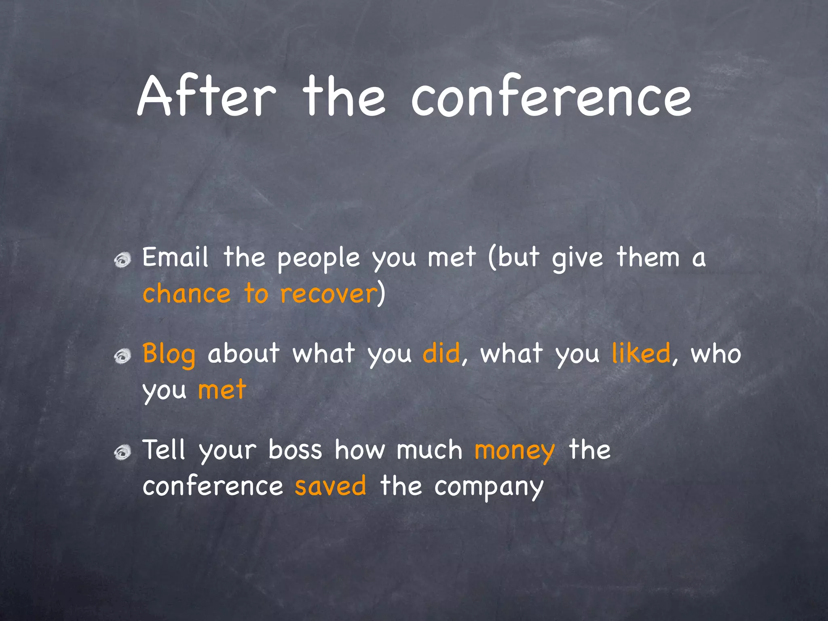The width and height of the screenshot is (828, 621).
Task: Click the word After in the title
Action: click(206, 97)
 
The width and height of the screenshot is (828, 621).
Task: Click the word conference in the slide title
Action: click(551, 97)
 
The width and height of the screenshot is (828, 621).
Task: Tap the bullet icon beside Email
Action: click(122, 260)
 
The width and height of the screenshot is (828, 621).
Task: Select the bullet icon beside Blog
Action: click(122, 356)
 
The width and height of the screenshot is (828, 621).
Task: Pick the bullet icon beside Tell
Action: click(122, 452)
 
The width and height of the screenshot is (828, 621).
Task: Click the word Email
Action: click(175, 257)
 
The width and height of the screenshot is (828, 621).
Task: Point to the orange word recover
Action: click(328, 294)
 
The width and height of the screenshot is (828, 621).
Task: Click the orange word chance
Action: click(186, 294)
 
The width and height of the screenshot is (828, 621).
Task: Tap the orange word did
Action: click(441, 353)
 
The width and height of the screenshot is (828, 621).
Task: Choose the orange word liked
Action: click(641, 353)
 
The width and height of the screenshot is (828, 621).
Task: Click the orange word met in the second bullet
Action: click(222, 390)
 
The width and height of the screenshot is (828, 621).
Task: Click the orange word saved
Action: click(330, 486)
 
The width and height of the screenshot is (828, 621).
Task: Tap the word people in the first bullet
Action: click(319, 259)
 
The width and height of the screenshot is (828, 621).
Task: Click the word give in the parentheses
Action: click(578, 259)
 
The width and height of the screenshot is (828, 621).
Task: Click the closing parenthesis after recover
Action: click(381, 294)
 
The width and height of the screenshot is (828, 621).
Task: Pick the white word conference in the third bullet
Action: click(213, 486)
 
